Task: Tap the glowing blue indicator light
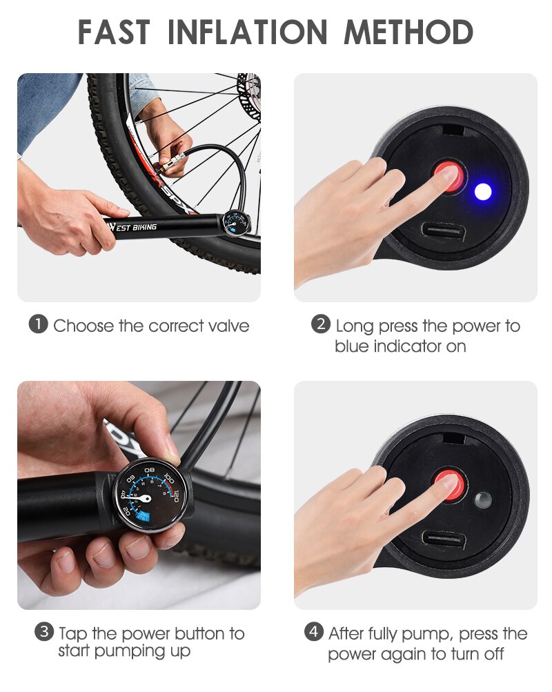(483, 192)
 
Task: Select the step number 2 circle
(320, 324)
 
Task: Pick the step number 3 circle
(43, 632)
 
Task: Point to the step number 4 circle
(314, 632)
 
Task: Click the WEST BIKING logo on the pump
(132, 227)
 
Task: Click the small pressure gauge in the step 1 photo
(232, 224)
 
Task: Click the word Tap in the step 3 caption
(73, 633)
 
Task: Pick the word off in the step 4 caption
(491, 653)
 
